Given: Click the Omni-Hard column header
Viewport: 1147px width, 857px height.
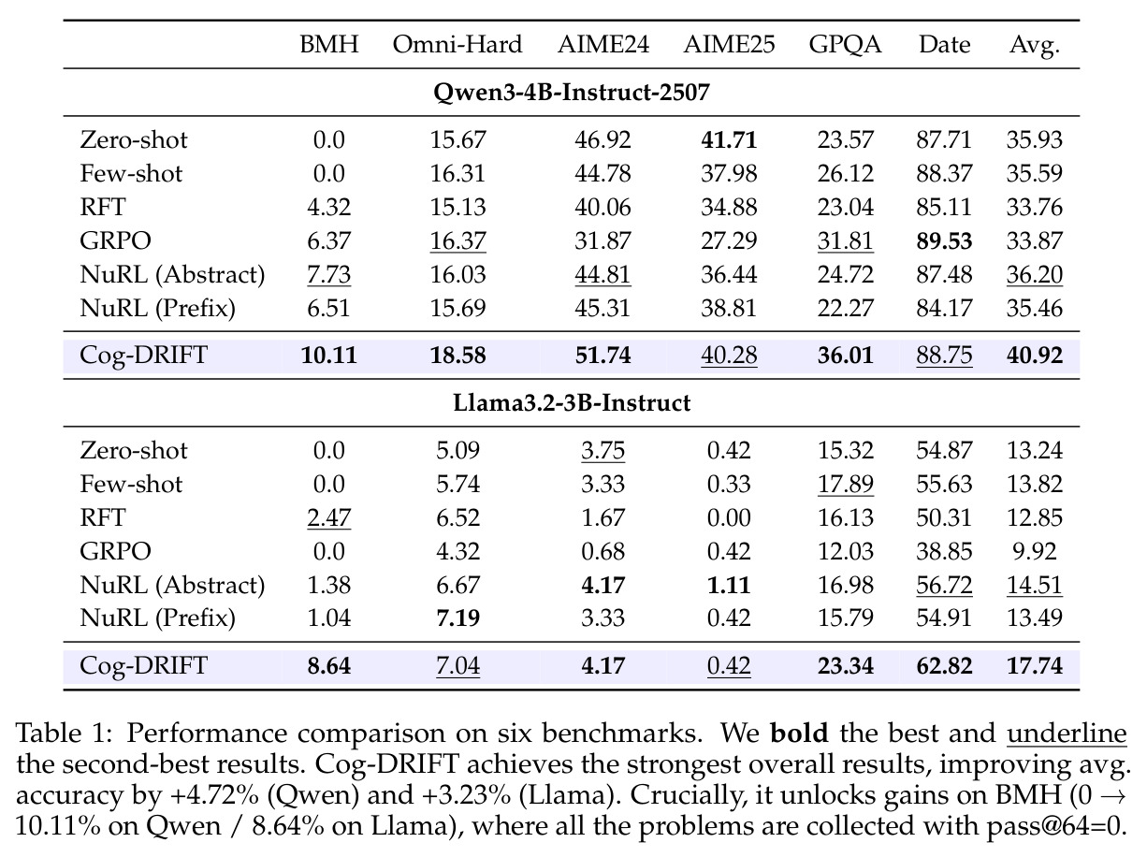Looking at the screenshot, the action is (x=457, y=44).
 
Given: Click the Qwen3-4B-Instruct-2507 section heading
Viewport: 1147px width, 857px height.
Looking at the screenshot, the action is (x=572, y=93).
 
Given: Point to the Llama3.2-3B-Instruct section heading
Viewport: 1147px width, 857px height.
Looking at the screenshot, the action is (x=572, y=403).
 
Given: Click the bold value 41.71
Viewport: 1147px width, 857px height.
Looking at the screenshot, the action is (x=729, y=140).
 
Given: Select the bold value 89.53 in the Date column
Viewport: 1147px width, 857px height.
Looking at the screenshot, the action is (x=944, y=240).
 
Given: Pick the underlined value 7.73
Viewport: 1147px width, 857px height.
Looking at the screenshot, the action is (x=328, y=275).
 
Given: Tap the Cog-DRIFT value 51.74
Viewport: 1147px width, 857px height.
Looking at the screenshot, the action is (x=603, y=356).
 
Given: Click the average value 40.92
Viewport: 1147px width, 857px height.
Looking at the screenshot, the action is (x=1035, y=356).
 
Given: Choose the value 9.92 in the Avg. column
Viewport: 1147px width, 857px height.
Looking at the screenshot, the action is (x=1035, y=551).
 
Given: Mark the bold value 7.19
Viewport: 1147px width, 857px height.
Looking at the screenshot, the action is (x=457, y=618).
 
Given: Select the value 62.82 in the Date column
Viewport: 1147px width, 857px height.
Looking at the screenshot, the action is (x=944, y=666).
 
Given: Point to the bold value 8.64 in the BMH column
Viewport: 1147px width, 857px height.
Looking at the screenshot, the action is (x=328, y=666).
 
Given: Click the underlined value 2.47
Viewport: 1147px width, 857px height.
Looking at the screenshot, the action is (x=328, y=518).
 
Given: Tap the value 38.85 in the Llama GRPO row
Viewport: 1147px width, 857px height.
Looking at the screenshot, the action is (x=944, y=551).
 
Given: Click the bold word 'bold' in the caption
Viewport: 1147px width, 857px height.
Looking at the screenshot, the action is (x=799, y=733).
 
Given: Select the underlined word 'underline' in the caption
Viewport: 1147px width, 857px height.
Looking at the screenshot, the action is (x=1067, y=734).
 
